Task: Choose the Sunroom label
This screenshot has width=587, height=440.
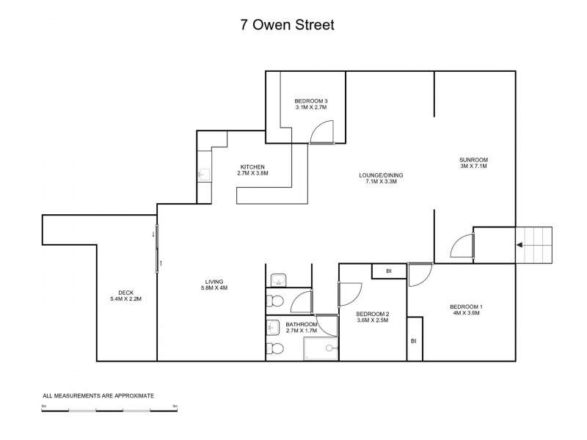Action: pyautogui.click(x=473, y=160)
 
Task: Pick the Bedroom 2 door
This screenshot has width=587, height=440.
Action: pyautogui.click(x=349, y=293)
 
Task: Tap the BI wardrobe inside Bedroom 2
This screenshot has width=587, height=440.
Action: pyautogui.click(x=388, y=272)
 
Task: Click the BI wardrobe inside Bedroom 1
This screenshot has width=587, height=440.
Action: pyautogui.click(x=415, y=340)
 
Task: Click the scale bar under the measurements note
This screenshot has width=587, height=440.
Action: pyautogui.click(x=109, y=408)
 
